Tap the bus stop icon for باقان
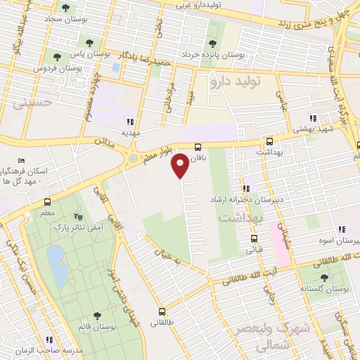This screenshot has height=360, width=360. [x=198, y=147]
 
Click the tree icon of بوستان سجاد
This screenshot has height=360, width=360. [x=65, y=8]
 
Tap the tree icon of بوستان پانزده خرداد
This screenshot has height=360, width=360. [x=212, y=27]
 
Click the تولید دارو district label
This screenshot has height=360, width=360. [x=235, y=82]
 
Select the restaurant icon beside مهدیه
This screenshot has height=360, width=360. [x=128, y=120]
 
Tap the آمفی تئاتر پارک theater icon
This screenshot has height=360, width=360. [x=77, y=217]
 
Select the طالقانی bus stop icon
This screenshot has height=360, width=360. [x=162, y=311]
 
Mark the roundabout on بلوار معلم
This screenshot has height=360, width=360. [x=132, y=159]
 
